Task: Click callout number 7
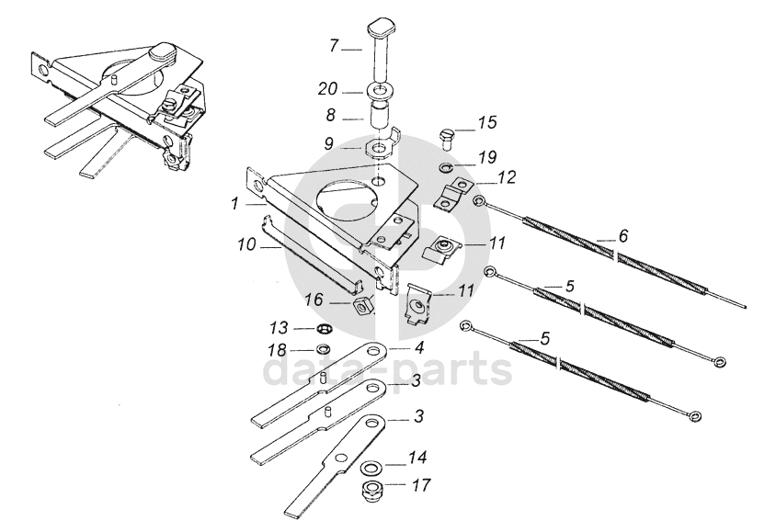pyautogui.click(x=335, y=45)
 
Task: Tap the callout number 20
pyautogui.click(x=327, y=89)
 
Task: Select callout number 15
pyautogui.click(x=486, y=121)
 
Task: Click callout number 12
pyautogui.click(x=507, y=175)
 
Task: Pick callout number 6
pyautogui.click(x=622, y=236)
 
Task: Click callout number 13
pyautogui.click(x=279, y=327)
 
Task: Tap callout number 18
pyautogui.click(x=279, y=350)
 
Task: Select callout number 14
pyautogui.click(x=418, y=457)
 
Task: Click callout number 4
pyautogui.click(x=418, y=348)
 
